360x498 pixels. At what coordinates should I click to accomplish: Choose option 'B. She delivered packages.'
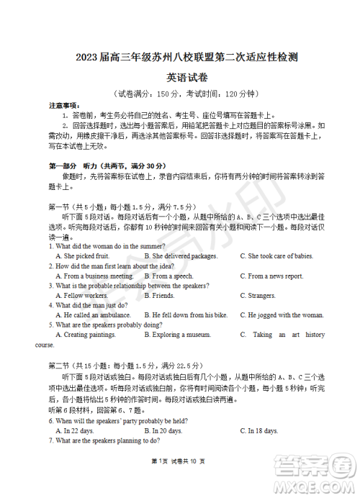[x=180, y=256]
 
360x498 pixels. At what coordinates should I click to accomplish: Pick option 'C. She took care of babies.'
[x=281, y=256]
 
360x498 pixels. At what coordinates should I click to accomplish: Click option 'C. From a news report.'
[x=276, y=276]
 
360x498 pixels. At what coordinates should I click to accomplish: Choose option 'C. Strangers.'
[x=261, y=296]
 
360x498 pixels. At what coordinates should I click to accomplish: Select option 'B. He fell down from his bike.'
[x=186, y=315]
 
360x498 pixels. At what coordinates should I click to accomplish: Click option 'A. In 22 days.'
[x=78, y=431]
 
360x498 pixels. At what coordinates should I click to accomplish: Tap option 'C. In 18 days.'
[x=259, y=431]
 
